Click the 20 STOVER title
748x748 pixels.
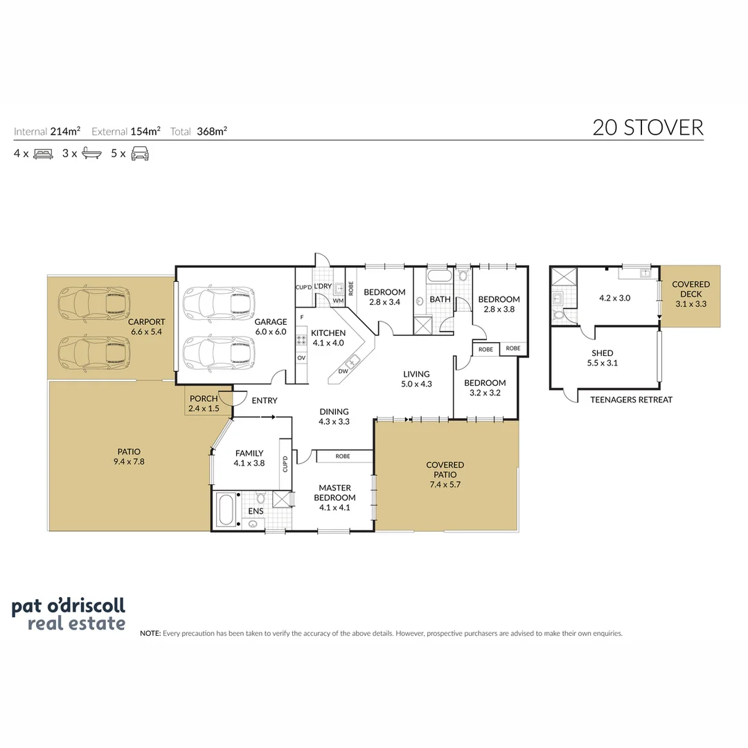[648, 128]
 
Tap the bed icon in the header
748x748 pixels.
[44, 154]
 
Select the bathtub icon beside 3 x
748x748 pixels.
[91, 153]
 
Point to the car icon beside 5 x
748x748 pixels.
[140, 154]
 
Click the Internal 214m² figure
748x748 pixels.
[47, 131]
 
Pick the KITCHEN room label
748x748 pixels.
[328, 333]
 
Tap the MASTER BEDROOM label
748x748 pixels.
[335, 493]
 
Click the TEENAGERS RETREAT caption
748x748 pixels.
[631, 400]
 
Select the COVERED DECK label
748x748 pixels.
[691, 289]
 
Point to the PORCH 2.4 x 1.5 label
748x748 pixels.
[204, 404]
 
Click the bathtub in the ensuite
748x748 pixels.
[226, 510]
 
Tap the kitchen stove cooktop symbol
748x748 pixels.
[301, 340]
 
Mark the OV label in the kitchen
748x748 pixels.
[301, 358]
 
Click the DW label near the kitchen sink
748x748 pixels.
[343, 371]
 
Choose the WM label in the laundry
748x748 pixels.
[338, 301]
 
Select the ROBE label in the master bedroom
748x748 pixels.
[343, 456]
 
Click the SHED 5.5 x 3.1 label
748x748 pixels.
[602, 358]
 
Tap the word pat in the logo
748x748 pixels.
[28, 607]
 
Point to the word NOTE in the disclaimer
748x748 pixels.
[150, 634]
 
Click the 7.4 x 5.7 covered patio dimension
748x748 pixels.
[445, 485]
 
